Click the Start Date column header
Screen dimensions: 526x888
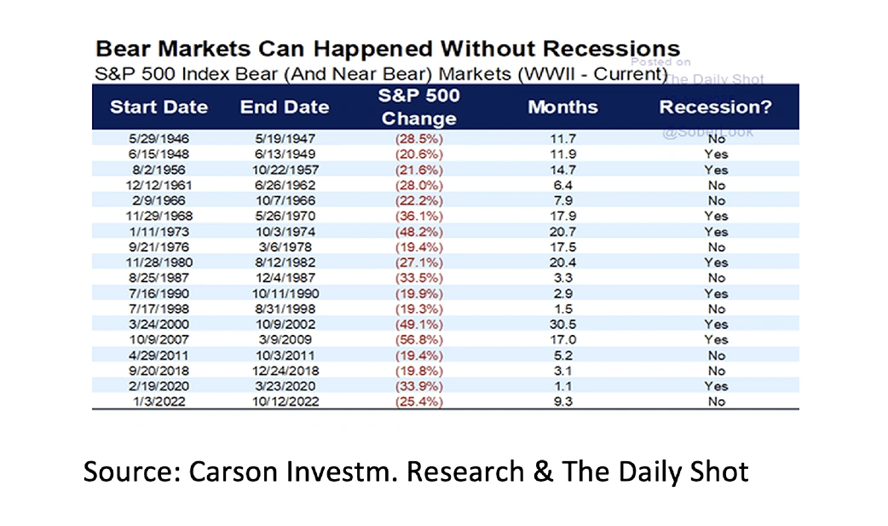pyautogui.click(x=159, y=107)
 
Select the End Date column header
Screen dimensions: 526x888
pyautogui.click(x=285, y=107)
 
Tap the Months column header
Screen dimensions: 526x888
pyautogui.click(x=562, y=107)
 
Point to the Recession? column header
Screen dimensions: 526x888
pyautogui.click(x=715, y=107)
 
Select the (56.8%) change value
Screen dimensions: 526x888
pyautogui.click(x=417, y=339)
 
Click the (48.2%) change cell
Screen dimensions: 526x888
pyautogui.click(x=417, y=231)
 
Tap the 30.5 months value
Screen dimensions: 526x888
pyautogui.click(x=563, y=324)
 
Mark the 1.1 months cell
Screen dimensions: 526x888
pyautogui.click(x=563, y=385)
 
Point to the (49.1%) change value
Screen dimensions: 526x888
pyautogui.click(x=417, y=324)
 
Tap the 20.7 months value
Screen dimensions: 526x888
pyautogui.click(x=563, y=231)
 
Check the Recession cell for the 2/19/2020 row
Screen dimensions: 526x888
pyautogui.click(x=716, y=385)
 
